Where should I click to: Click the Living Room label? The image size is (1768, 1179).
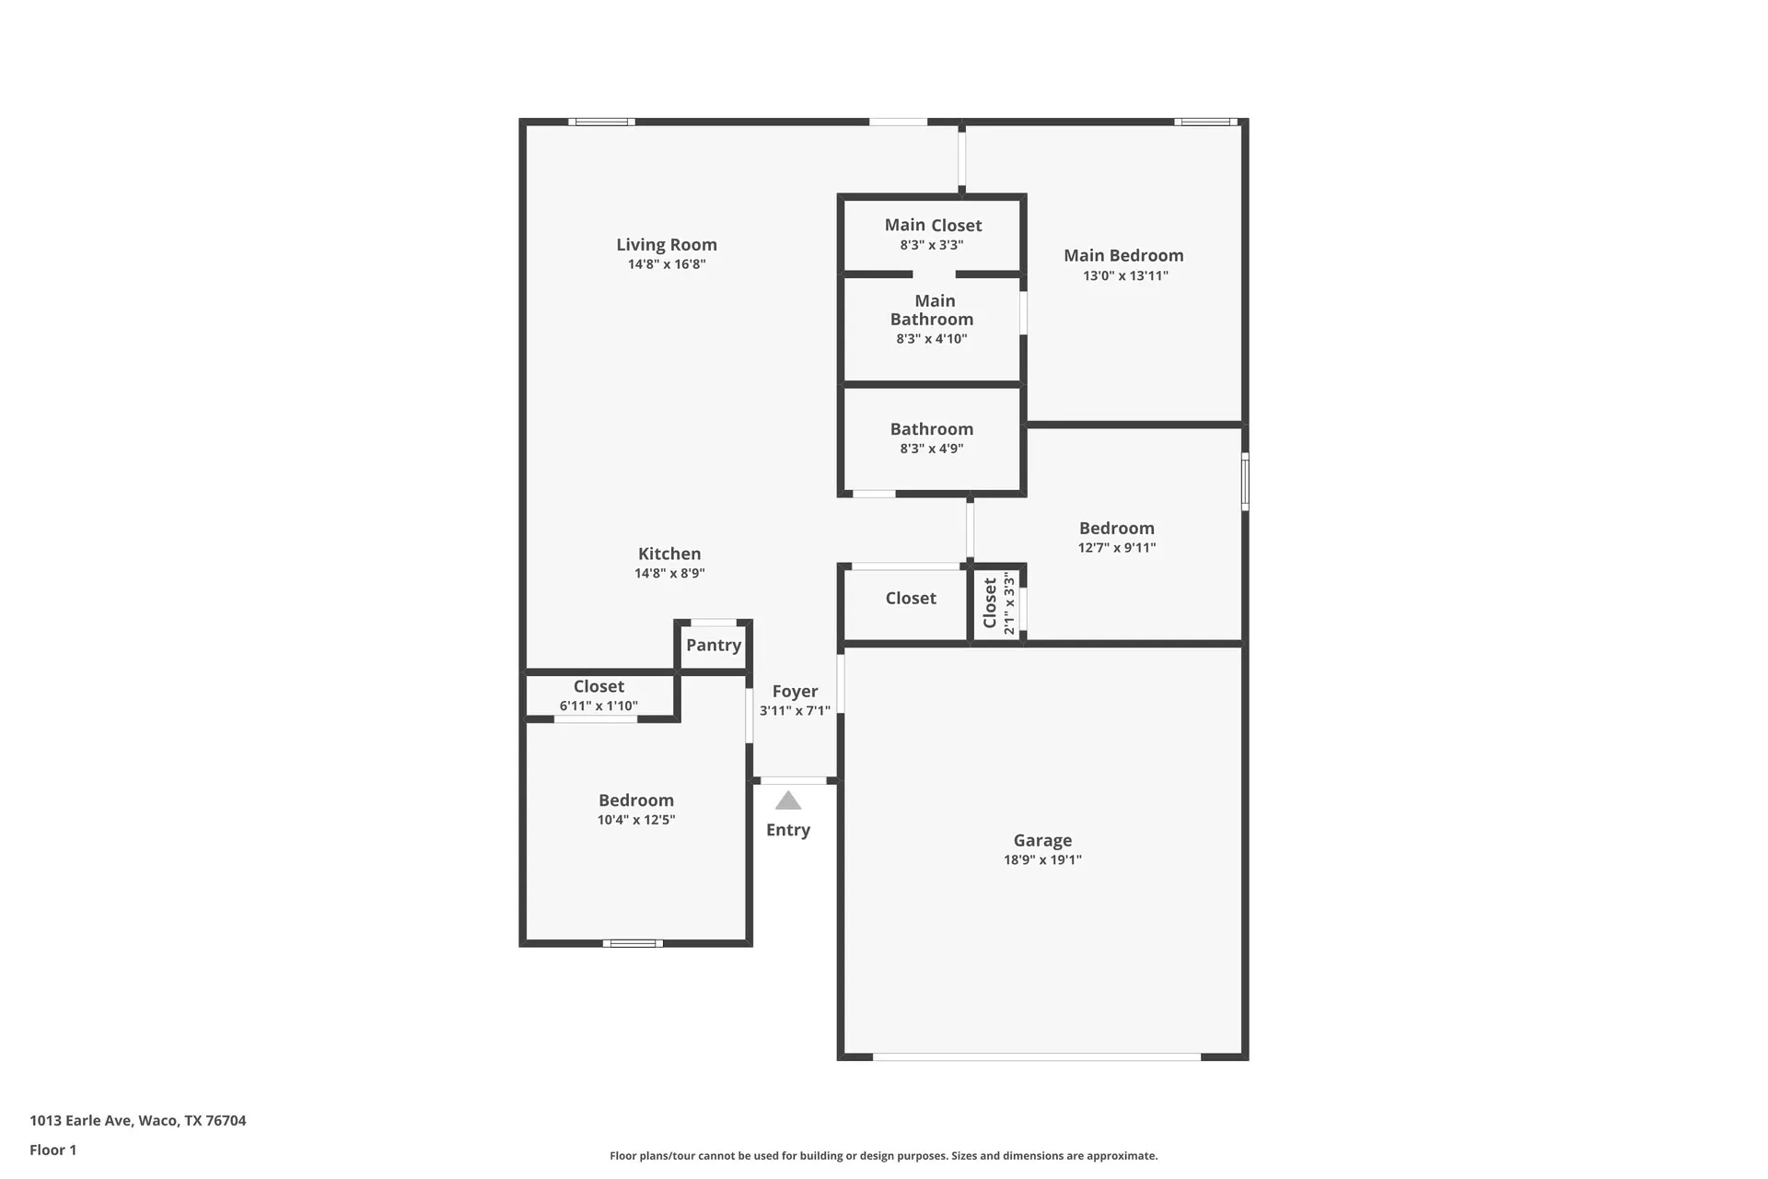667,244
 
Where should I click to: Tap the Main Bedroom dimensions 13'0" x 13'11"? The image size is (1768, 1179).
1125,275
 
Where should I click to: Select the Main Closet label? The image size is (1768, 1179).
933,225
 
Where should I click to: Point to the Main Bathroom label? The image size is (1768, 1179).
932,309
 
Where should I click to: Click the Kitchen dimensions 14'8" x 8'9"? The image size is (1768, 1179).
669,573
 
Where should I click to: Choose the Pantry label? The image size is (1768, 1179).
714,645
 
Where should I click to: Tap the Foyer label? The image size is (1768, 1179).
795,691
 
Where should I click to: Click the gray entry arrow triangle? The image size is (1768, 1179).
788,800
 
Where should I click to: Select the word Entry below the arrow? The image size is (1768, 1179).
788,830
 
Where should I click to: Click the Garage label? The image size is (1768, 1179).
1042,840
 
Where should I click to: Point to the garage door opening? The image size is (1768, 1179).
1037,1056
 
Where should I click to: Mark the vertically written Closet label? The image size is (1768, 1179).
990,603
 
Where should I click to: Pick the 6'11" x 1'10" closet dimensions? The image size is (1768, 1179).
599,706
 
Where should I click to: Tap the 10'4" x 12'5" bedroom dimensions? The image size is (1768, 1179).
636,820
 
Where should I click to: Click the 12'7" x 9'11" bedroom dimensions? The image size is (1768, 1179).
1117,547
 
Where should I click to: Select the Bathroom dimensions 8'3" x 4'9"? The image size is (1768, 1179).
932,449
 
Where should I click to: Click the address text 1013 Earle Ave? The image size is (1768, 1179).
81,1121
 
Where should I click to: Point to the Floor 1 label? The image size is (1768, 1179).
53,1150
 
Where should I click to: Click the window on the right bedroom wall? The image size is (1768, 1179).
1245,481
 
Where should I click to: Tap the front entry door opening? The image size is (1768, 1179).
794,780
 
